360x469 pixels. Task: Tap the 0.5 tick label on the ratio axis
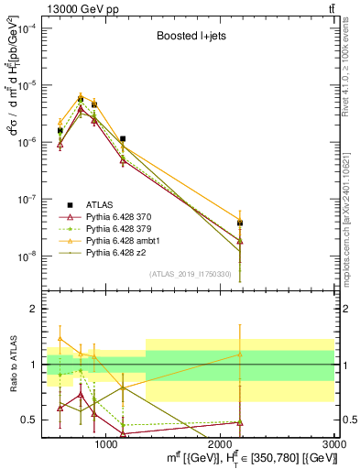click(31, 420)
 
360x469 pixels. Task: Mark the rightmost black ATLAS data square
click(240, 223)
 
